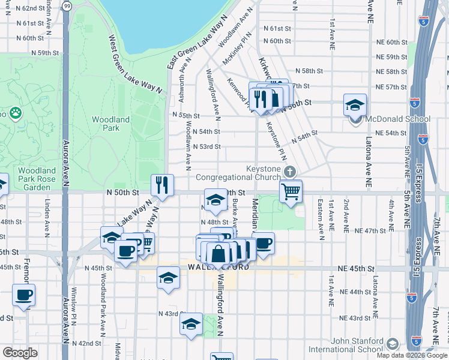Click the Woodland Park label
click(110, 124)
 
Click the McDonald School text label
click(388, 118)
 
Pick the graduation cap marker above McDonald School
click(355, 105)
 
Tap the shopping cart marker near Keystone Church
click(291, 192)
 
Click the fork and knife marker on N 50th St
click(161, 185)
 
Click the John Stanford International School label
click(346, 345)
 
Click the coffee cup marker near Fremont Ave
click(23, 295)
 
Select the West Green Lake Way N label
click(136, 64)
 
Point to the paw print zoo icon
click(15, 112)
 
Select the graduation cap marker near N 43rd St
click(191, 325)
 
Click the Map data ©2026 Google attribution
click(412, 355)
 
